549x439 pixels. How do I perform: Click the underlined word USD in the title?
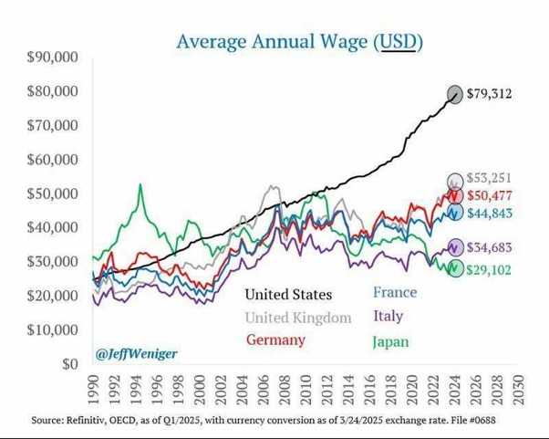398,41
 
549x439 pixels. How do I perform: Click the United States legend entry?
288,294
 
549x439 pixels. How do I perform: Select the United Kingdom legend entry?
297,318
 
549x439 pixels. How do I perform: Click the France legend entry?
394,293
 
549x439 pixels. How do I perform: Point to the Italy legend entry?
387,317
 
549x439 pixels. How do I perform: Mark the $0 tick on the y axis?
70,364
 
